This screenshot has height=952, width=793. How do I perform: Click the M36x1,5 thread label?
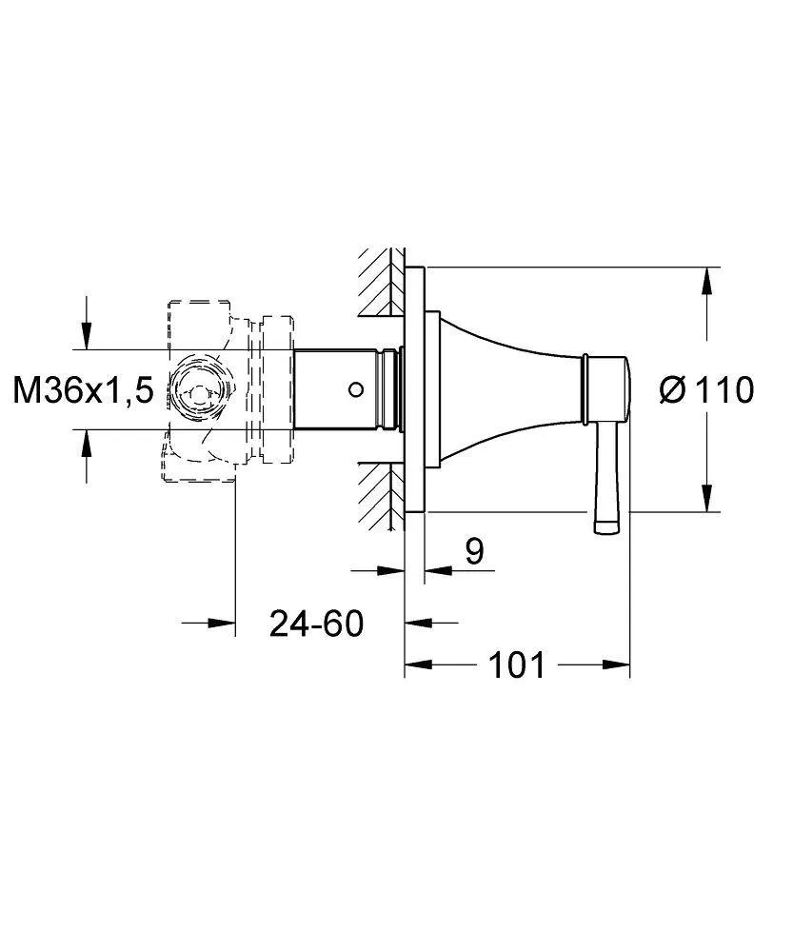point(83,389)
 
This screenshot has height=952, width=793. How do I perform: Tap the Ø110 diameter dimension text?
point(706,389)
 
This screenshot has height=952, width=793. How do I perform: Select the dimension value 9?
point(474,551)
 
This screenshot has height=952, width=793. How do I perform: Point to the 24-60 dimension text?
point(316,623)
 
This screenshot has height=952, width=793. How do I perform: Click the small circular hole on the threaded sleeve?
point(357,389)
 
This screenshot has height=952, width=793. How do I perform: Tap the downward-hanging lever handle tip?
point(606,527)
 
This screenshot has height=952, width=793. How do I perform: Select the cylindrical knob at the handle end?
point(607,389)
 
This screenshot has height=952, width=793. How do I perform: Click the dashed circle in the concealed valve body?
point(199,389)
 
